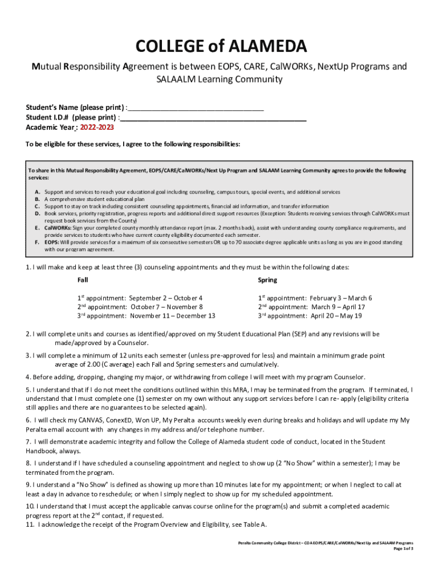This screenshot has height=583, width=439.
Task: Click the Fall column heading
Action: [x=83, y=280]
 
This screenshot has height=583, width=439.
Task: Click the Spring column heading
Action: [x=267, y=280]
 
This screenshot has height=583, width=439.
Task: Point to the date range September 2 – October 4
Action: [x=166, y=298]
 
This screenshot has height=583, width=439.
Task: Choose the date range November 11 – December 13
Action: [x=173, y=316]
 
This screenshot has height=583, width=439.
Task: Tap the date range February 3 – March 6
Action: [x=341, y=298]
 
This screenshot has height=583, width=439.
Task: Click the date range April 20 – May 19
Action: [x=336, y=316]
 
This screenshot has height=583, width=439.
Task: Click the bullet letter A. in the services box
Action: [x=37, y=192]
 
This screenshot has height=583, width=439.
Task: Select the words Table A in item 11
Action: [x=254, y=524]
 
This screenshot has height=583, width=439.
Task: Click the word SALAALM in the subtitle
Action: [x=177, y=79]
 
